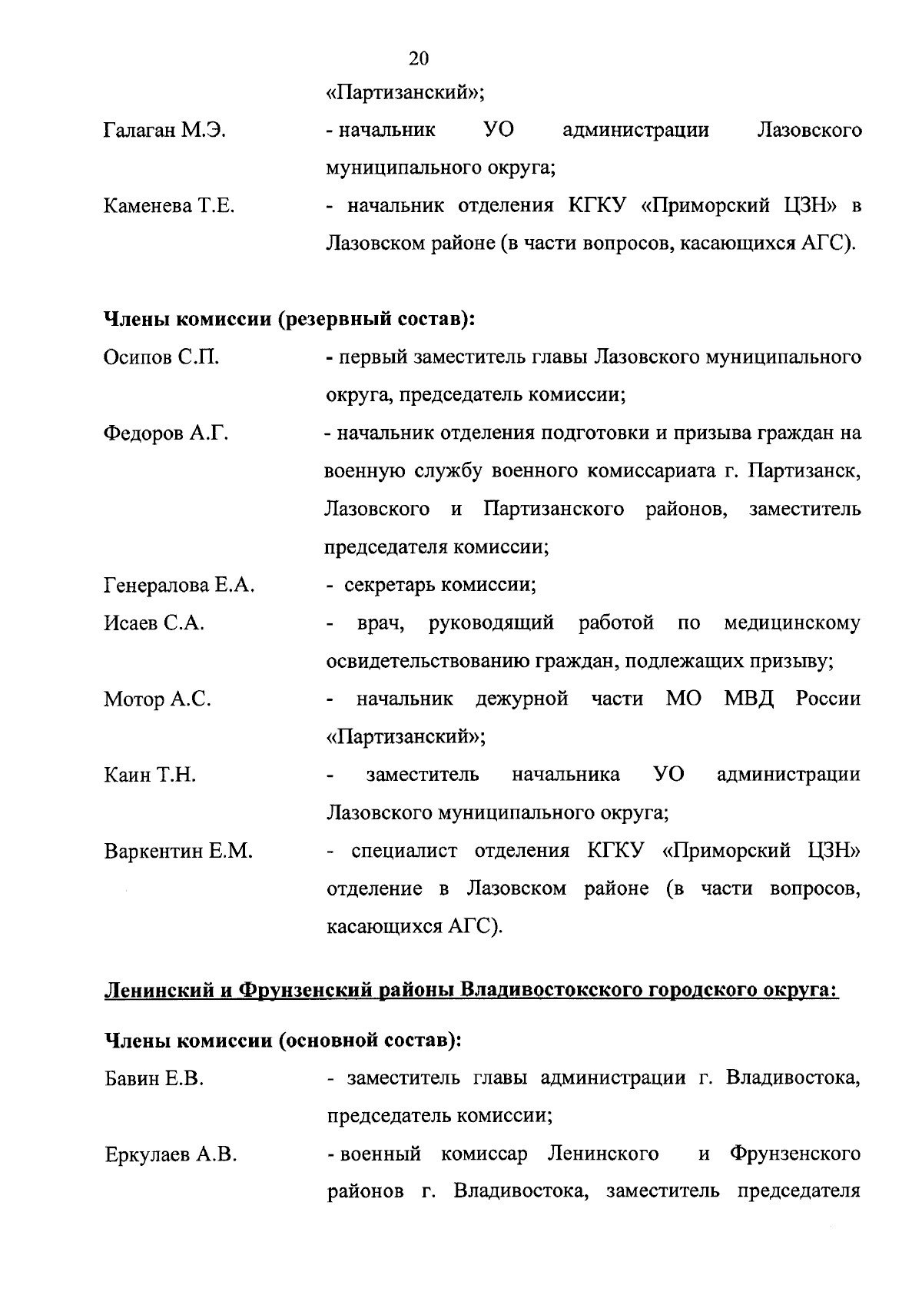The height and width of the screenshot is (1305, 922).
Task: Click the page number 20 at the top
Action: [419, 59]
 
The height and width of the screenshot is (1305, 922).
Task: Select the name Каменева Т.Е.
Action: [169, 206]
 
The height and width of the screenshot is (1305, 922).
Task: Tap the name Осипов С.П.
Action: [161, 358]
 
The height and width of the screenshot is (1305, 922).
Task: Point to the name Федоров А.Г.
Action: [166, 433]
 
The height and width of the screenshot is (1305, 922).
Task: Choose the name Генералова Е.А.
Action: [179, 586]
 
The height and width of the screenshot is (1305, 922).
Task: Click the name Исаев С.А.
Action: [154, 623]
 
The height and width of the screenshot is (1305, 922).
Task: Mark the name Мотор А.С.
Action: [158, 699]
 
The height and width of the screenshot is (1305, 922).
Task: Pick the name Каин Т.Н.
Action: [150, 775]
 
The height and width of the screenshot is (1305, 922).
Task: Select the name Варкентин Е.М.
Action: [178, 852]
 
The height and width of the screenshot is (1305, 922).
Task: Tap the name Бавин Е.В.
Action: [154, 1079]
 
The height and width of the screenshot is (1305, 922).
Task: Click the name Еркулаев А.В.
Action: [170, 1155]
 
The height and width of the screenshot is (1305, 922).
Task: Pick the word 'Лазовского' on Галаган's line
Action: [809, 131]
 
